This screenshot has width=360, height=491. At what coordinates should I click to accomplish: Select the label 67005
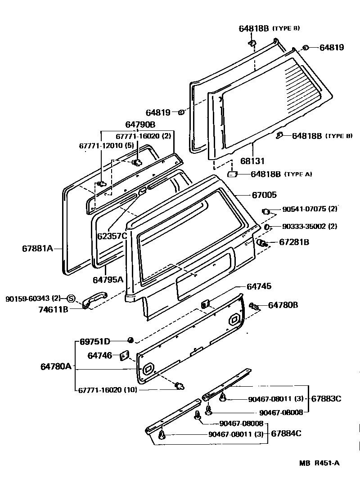coord(264,195)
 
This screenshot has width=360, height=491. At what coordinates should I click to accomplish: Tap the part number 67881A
coord(37,248)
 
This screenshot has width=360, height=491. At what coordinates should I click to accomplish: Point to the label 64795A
coord(108,279)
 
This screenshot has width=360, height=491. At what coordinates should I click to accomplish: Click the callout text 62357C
coord(112,235)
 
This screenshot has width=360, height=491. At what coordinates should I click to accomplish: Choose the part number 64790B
coord(140,124)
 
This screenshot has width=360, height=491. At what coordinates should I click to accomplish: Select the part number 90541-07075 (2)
coord(310,210)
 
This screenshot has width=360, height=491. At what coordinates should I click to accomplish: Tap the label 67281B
coord(294,242)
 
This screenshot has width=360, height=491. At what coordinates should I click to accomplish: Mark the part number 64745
coord(259,286)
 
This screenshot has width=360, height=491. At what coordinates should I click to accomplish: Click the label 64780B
coord(283,305)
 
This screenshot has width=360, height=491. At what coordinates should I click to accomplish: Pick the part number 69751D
coord(95,341)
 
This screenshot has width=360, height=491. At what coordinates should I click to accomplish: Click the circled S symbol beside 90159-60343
coord(71,298)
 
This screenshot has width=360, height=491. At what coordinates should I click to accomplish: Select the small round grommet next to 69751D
coord(130,340)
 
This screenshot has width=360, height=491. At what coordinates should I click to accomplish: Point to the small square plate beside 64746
coord(124,356)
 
